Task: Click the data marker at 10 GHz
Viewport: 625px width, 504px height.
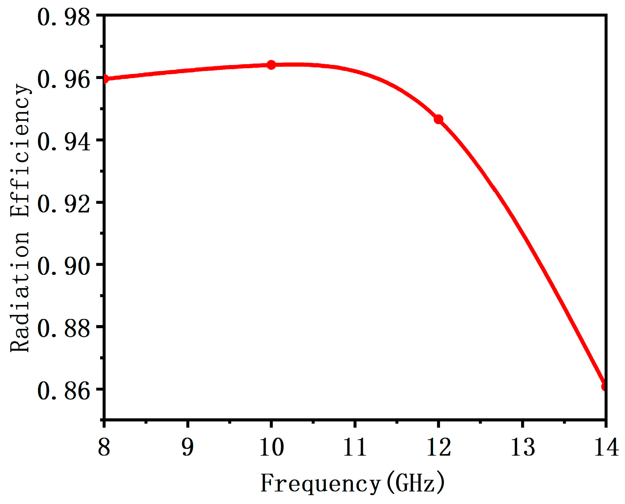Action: (x=271, y=65)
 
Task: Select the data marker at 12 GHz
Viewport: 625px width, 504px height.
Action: (x=438, y=119)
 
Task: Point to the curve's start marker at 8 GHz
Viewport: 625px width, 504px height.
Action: (x=105, y=79)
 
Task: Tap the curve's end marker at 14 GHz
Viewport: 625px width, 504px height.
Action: (x=605, y=386)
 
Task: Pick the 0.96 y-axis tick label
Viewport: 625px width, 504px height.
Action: (x=63, y=80)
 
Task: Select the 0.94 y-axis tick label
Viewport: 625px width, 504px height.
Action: (x=63, y=142)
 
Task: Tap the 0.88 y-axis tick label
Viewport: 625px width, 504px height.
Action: (x=63, y=329)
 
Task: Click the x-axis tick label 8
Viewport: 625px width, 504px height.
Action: (x=104, y=447)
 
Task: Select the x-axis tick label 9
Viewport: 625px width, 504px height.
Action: (x=188, y=447)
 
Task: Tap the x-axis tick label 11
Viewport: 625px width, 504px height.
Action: (x=355, y=447)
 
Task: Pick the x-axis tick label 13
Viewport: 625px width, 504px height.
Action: (x=522, y=447)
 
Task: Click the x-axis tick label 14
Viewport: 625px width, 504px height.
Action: (x=606, y=447)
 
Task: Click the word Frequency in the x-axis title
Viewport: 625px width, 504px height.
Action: (x=320, y=484)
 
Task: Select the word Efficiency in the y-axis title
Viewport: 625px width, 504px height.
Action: (x=20, y=151)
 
